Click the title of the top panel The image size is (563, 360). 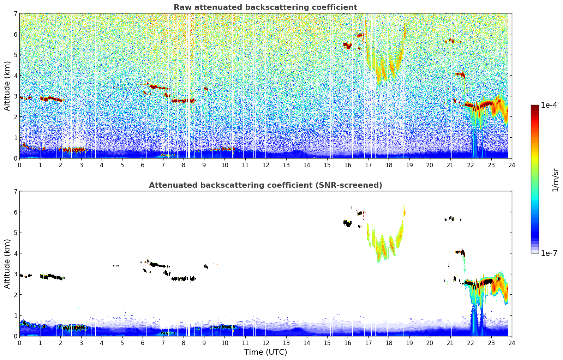click(x=265, y=7)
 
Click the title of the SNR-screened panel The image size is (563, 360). click(x=265, y=185)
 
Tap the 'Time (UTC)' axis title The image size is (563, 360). click(x=265, y=352)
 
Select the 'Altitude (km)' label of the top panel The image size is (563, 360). click(x=7, y=86)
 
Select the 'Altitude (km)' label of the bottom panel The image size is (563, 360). click(x=7, y=264)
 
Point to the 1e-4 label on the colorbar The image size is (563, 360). click(x=549, y=105)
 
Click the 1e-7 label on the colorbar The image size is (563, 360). click(x=549, y=253)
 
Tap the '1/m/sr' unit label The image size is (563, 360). click(x=555, y=180)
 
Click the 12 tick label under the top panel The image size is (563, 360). click(x=265, y=165)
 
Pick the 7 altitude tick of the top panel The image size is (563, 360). click(x=16, y=14)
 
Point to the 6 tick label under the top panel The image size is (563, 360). click(x=143, y=165)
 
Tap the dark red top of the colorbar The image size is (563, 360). click(x=535, y=107)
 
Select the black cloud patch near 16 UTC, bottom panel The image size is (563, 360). click(x=347, y=223)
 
